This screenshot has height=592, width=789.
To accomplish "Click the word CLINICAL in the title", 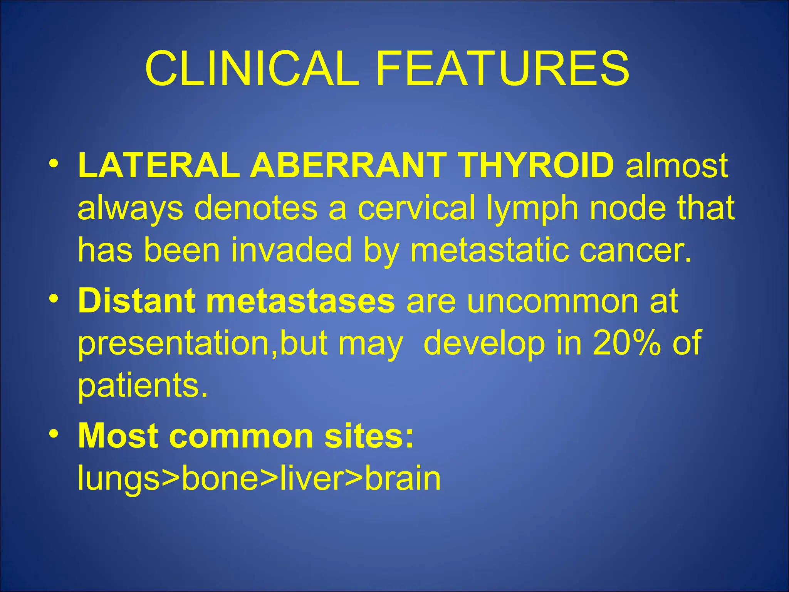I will [x=252, y=69].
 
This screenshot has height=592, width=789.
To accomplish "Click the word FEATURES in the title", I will [x=503, y=69].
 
